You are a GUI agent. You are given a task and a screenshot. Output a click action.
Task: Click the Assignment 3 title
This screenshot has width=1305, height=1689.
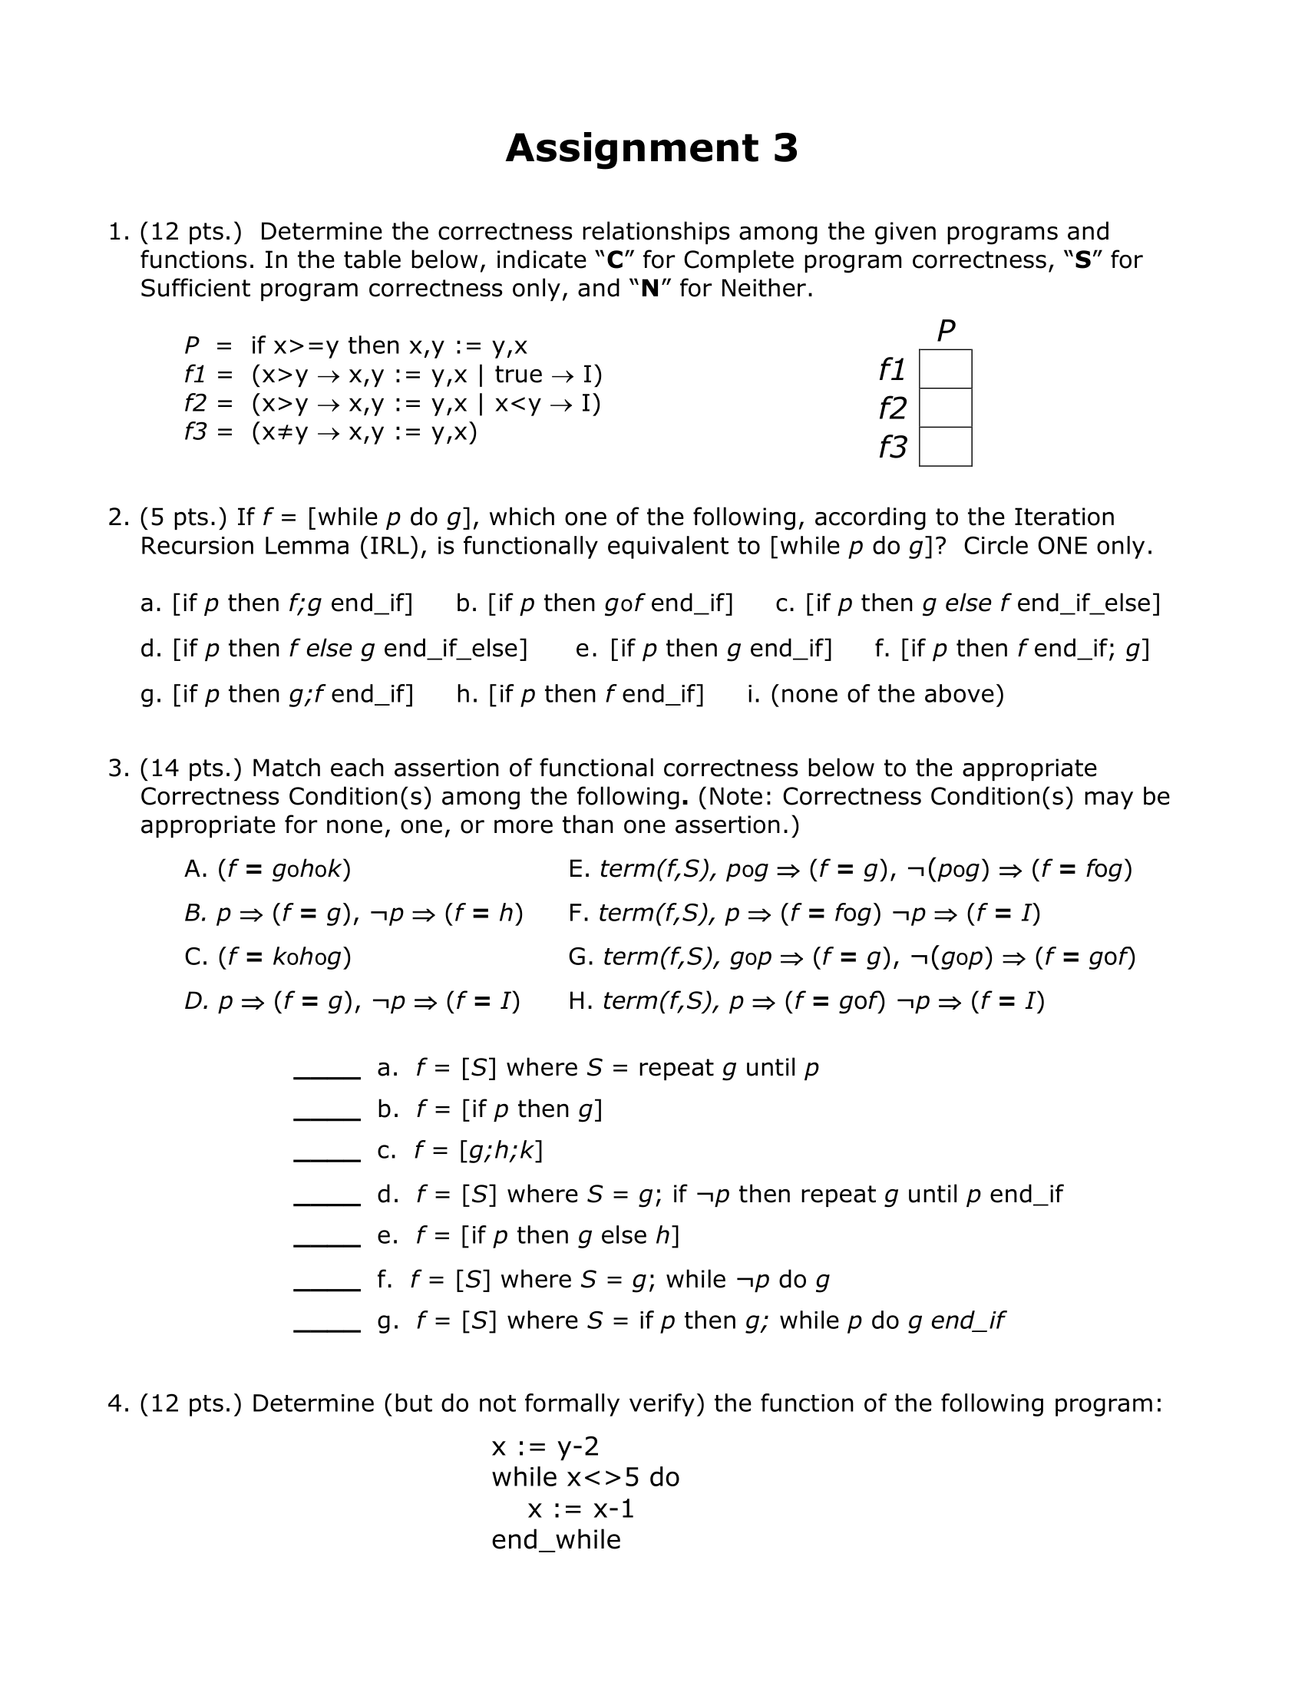pyautogui.click(x=651, y=147)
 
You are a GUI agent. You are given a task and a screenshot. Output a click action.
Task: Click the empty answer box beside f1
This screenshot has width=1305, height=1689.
pyautogui.click(x=945, y=369)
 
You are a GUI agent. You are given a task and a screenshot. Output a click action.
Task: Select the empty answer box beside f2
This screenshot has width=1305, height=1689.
pyautogui.click(x=945, y=408)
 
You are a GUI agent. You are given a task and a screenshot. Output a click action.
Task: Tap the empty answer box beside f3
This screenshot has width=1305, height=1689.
pyautogui.click(x=945, y=447)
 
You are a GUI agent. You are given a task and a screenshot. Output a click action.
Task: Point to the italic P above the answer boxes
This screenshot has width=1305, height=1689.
pyautogui.click(x=946, y=331)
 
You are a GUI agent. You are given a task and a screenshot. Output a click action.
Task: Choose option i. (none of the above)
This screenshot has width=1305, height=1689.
pyautogui.click(x=875, y=694)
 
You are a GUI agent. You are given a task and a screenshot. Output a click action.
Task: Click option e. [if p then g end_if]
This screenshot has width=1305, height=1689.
pyautogui.click(x=703, y=648)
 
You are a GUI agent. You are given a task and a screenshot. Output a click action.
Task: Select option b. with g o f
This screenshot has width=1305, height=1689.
pyautogui.click(x=593, y=603)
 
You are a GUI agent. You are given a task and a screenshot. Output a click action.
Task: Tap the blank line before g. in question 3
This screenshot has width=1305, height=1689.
pyautogui.click(x=327, y=1324)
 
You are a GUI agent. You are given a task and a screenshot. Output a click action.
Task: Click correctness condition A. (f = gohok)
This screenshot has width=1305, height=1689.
pyautogui.click(x=267, y=869)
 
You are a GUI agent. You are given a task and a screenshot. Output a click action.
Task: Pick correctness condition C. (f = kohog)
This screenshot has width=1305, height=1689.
pyautogui.click(x=267, y=957)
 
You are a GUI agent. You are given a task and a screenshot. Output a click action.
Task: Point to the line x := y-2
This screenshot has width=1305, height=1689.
pyautogui.click(x=545, y=1446)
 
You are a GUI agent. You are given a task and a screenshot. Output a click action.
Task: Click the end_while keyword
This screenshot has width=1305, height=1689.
pyautogui.click(x=556, y=1540)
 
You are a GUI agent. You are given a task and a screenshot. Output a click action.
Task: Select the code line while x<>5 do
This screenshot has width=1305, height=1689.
pyautogui.click(x=585, y=1477)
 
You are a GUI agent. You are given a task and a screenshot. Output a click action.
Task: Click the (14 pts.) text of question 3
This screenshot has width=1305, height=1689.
pyautogui.click(x=191, y=768)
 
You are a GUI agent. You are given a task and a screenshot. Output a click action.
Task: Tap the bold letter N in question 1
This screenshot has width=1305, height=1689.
pyautogui.click(x=649, y=289)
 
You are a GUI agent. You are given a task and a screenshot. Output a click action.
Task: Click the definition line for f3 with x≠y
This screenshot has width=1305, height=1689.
pyautogui.click(x=331, y=431)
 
